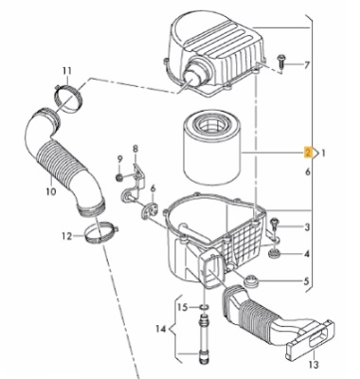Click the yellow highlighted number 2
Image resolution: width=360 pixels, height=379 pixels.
308,153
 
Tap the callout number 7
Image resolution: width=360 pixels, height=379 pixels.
307,65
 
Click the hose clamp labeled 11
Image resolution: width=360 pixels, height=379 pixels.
68,99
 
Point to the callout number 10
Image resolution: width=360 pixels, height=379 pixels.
50,191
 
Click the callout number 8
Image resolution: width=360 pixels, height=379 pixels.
135,149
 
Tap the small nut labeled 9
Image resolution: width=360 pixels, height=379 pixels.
119,178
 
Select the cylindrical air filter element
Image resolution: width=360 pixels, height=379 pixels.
210,147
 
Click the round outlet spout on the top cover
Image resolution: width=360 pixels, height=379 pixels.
194,76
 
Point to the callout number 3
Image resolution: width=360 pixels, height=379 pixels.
307,226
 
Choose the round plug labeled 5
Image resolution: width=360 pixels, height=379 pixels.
252,280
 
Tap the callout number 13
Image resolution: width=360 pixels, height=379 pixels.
314,365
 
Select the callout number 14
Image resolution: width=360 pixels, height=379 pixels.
161,329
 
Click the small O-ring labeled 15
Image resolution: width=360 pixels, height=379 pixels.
205,307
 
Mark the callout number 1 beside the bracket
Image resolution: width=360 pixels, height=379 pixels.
323,153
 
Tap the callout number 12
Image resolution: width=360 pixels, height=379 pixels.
67,236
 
